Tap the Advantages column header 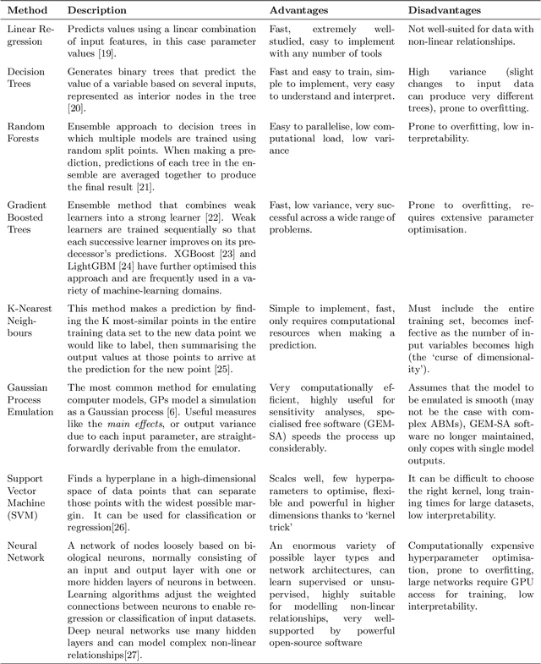click(300, 11)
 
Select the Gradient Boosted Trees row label click(28, 217)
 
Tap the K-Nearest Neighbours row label click(30, 296)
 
